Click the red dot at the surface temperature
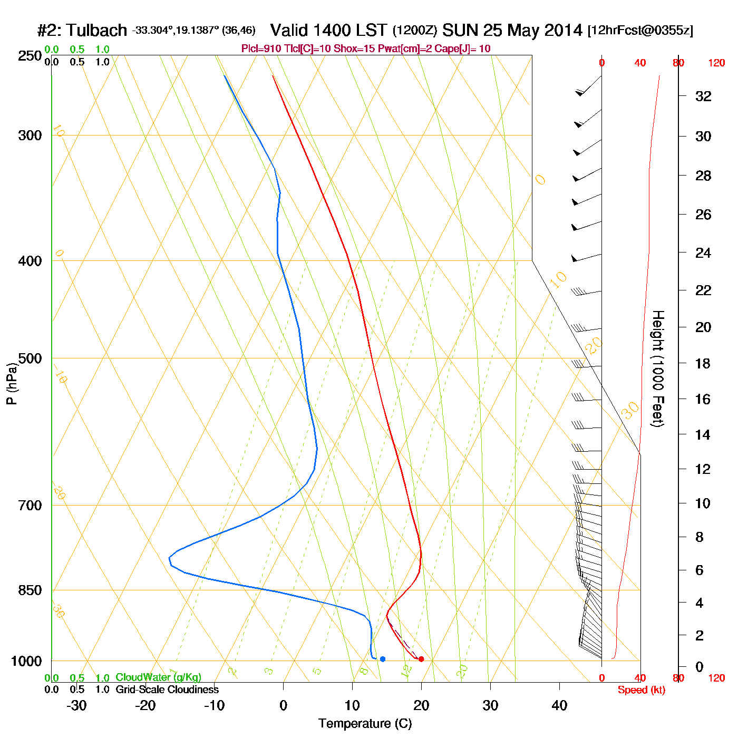point(421,659)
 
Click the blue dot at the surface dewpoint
point(383,659)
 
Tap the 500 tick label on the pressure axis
point(30,358)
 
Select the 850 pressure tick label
point(30,590)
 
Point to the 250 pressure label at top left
point(30,56)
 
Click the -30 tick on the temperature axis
point(76,705)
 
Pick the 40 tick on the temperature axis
point(559,705)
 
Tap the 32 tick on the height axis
point(703,96)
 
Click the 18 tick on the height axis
point(703,363)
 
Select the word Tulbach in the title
point(97,30)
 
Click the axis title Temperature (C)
point(365,724)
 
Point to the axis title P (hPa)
point(12,384)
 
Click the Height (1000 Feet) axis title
point(658,368)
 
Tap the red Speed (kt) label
point(641,690)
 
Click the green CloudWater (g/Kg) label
point(158,677)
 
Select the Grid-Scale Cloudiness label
point(167,690)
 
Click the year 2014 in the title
point(563,30)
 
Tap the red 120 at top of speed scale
point(716,63)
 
